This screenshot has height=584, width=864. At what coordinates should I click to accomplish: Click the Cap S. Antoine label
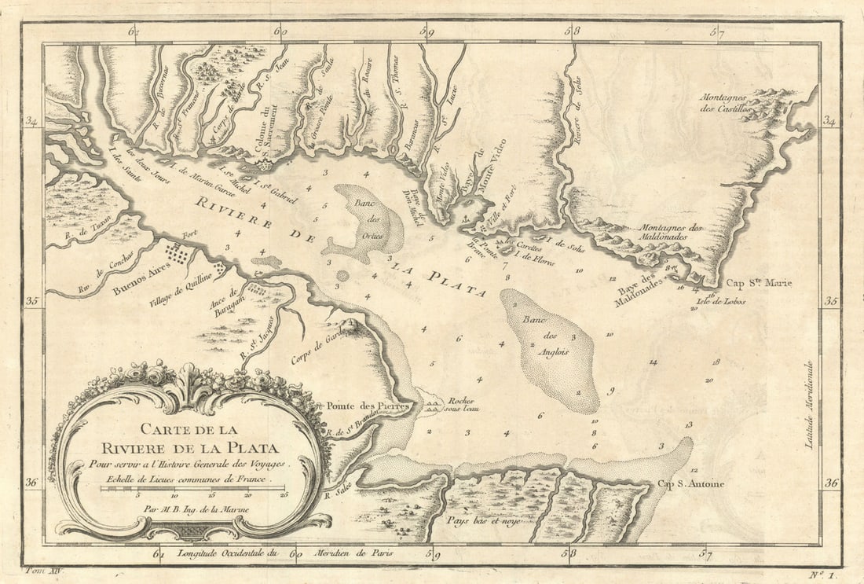click(x=690, y=484)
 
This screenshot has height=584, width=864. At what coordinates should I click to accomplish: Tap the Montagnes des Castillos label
click(x=734, y=102)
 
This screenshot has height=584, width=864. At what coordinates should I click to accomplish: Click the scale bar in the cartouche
click(x=192, y=489)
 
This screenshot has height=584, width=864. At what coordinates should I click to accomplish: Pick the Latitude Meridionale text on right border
click(x=809, y=405)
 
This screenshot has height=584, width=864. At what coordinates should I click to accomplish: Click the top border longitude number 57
click(x=716, y=32)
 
